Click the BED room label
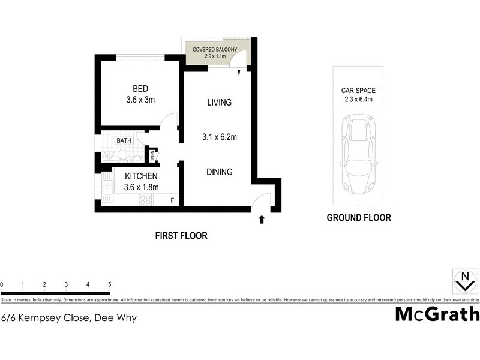(x=140, y=89)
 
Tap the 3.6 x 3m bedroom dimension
(x=140, y=100)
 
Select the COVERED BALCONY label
(x=215, y=49)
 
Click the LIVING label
(x=219, y=103)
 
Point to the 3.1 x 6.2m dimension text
(x=219, y=137)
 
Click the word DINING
(x=219, y=172)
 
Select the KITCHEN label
(x=141, y=176)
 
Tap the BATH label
(x=124, y=140)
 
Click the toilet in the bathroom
(x=122, y=155)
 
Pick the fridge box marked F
(x=173, y=200)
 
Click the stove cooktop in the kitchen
(x=145, y=200)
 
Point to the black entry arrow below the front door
(x=262, y=220)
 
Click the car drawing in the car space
(x=358, y=154)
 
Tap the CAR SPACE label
(x=358, y=91)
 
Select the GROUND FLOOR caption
(x=358, y=218)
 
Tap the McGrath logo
(x=437, y=314)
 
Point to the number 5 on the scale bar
(x=109, y=284)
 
